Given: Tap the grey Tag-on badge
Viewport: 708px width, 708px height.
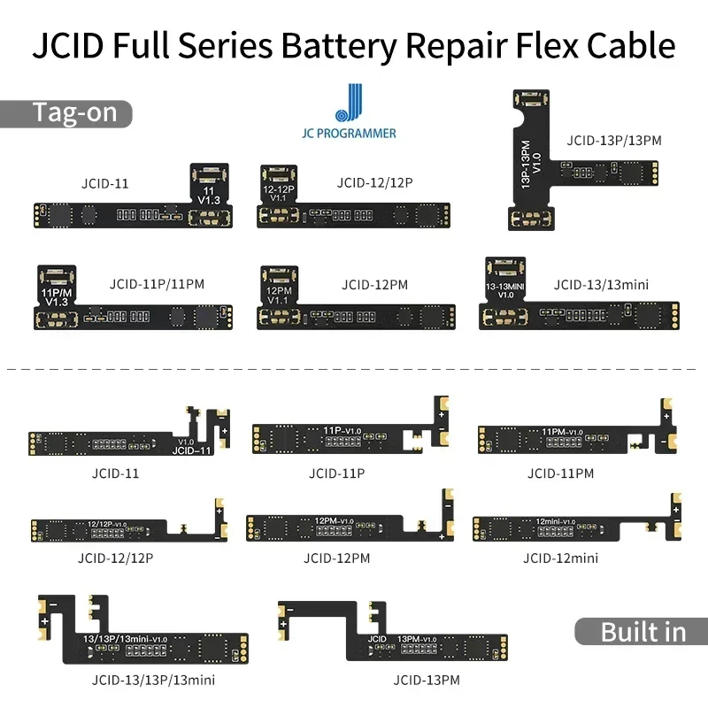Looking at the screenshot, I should [x=67, y=114].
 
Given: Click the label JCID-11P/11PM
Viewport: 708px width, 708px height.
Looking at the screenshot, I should [x=158, y=285].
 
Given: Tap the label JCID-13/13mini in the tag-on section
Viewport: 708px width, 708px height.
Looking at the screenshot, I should [x=601, y=285].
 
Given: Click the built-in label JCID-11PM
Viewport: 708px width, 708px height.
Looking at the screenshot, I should [x=560, y=473].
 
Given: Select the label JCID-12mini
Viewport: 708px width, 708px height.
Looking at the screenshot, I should [x=560, y=558].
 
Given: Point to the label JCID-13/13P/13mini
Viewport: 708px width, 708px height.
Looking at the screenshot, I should [x=153, y=681].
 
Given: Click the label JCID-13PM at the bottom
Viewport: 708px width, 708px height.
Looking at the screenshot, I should [x=427, y=681].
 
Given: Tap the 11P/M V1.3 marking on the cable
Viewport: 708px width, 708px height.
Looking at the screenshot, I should [x=54, y=296].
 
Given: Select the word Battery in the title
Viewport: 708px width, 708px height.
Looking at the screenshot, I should [x=339, y=45].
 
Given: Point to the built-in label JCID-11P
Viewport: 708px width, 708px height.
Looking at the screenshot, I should [x=336, y=473].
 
